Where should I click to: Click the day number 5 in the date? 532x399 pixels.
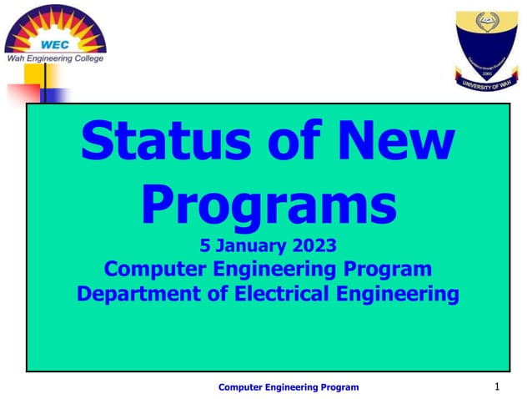tap(206, 245)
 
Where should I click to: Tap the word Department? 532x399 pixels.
tap(139, 294)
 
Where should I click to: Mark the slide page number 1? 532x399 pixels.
tap(497, 386)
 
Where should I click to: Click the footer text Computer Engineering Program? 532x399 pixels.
tap(289, 387)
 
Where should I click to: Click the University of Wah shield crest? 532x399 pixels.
tap(486, 42)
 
